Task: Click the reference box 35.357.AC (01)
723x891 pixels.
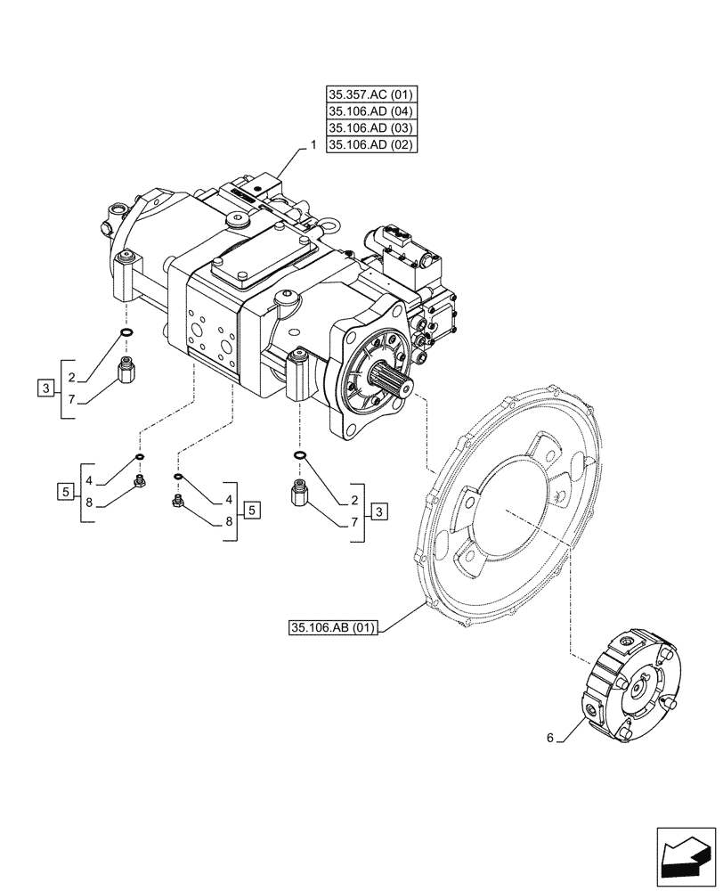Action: coord(371,94)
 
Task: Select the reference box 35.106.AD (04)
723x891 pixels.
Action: coord(371,110)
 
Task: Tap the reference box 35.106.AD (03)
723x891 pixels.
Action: coord(371,127)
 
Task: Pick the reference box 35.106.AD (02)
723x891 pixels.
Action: coord(371,144)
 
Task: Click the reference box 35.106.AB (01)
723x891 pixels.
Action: coord(334,628)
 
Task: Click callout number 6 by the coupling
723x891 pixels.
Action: coord(550,738)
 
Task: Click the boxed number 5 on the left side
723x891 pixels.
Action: coord(65,491)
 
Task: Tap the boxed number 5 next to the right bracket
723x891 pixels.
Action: coord(253,511)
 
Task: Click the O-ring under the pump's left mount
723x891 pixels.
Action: coord(127,334)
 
